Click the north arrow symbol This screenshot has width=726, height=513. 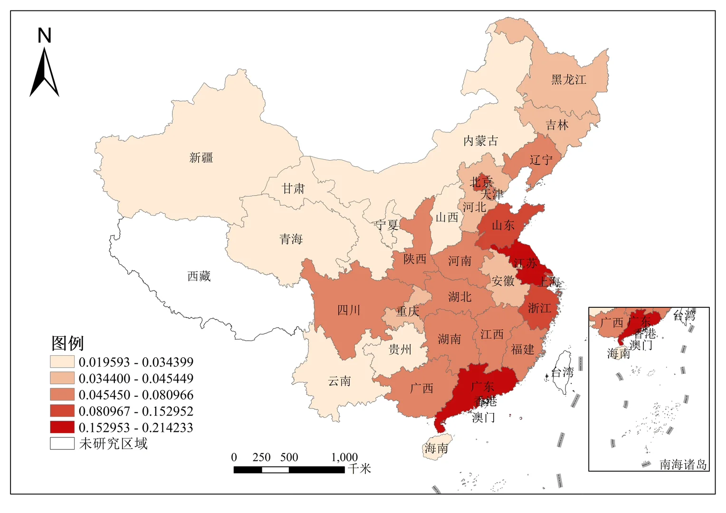pos(44,74)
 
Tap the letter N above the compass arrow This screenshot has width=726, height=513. pos(44,36)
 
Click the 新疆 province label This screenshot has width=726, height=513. pos(201,158)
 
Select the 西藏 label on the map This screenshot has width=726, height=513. pos(199,276)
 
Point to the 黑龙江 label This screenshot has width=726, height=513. pos(568,80)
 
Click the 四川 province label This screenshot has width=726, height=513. pos(349,310)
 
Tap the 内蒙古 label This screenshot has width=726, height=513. pos(480,141)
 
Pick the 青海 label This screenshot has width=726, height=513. pos(291,239)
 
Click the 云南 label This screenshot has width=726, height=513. pos(339,381)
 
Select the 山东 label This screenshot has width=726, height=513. pos(503,225)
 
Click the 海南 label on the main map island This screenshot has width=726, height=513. pos(436,448)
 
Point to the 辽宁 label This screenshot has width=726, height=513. pos(541,160)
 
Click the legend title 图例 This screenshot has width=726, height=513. pos(67,343)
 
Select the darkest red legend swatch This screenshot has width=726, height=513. pos(62,427)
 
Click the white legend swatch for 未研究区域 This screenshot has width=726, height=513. pos(62,444)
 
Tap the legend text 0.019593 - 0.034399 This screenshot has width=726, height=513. pos(136,362)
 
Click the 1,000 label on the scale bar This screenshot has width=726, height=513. pos(344,457)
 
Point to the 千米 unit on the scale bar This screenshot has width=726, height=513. pos(359,469)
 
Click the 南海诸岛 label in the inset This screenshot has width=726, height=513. pos(683,464)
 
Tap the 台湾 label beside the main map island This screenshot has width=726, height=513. pos(562,372)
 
